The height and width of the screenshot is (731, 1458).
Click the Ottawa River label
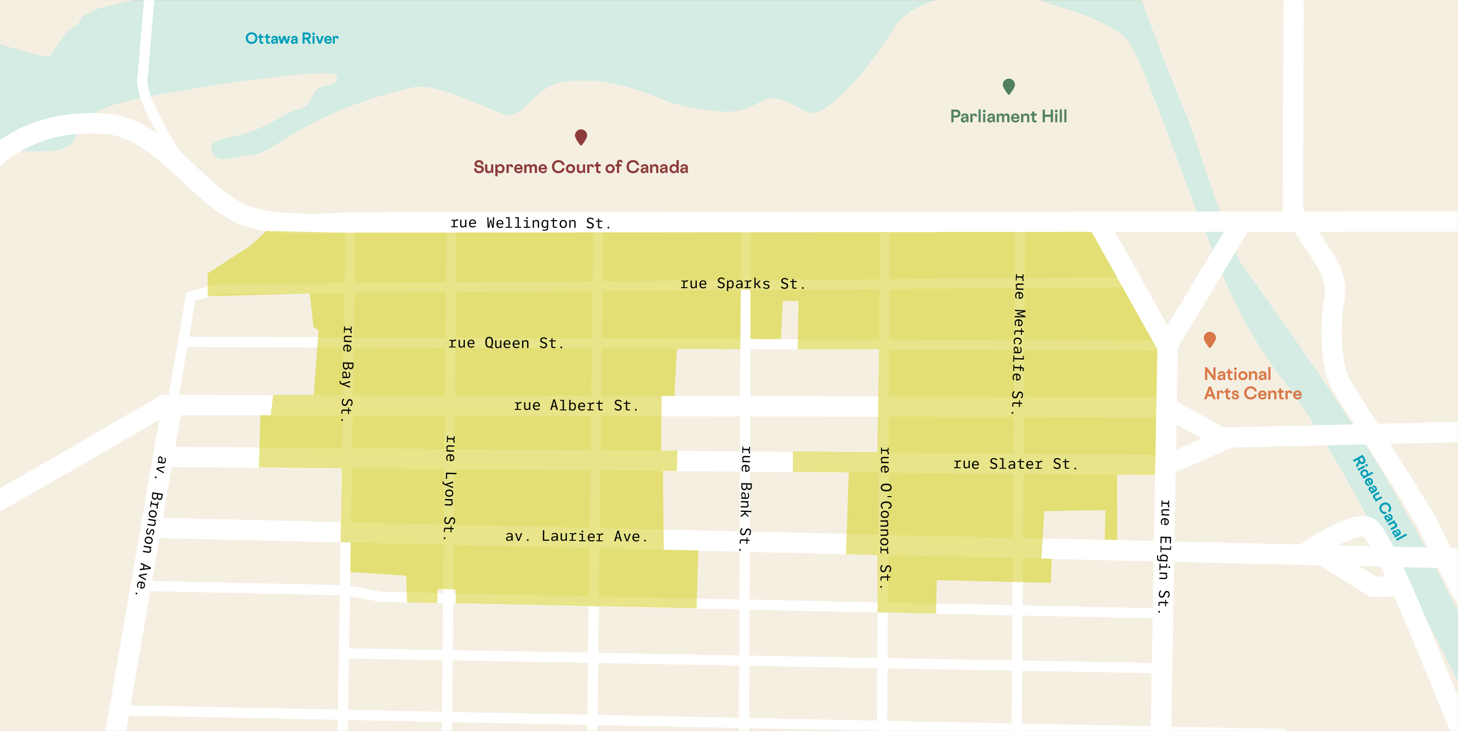[x=291, y=39]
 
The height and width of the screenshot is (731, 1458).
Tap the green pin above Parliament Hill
[x=1008, y=87]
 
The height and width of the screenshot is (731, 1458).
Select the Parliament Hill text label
[x=1008, y=117]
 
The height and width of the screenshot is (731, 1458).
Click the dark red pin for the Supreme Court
[x=581, y=137]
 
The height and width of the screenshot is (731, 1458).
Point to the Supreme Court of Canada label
[x=581, y=167]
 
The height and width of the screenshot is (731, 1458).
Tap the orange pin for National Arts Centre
[x=1209, y=339]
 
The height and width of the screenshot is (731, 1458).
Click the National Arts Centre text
[x=1252, y=384]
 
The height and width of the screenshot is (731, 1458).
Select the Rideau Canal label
[x=1379, y=498]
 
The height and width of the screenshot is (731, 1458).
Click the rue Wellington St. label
[x=530, y=223]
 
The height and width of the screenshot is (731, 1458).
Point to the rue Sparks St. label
[x=742, y=284]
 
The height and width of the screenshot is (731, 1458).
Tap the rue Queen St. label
[x=506, y=343]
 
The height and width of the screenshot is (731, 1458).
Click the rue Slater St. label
[x=1015, y=464]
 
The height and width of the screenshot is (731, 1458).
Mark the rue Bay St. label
[x=347, y=373]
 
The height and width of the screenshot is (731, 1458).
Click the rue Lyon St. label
[x=450, y=487]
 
